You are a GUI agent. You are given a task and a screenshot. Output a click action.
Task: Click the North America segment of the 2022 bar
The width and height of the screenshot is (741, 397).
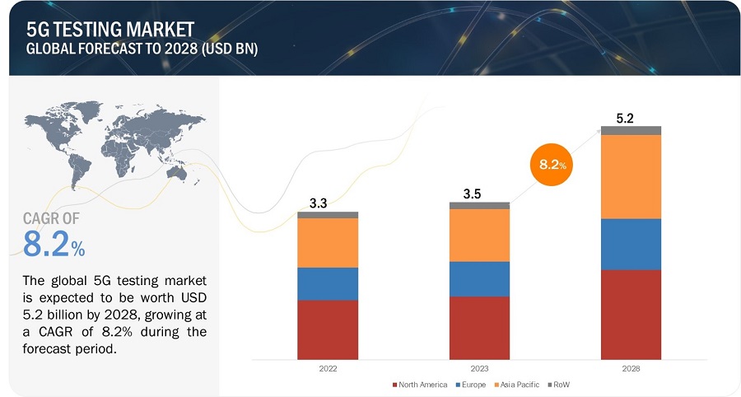point(328,329)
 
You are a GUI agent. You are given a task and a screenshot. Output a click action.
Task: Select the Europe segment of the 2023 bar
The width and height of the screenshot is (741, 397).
point(479,278)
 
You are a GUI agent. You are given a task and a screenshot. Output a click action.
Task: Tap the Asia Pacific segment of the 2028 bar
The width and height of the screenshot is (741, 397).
point(631,176)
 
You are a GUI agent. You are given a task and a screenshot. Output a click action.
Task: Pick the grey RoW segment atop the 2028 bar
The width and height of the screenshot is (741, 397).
point(631,130)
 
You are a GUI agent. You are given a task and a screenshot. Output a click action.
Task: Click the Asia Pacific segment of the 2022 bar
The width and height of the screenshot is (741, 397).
point(328,242)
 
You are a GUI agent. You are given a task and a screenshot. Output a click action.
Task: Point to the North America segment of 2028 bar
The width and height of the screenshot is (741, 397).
point(631,315)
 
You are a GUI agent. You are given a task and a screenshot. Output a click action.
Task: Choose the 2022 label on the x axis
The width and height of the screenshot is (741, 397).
point(328,368)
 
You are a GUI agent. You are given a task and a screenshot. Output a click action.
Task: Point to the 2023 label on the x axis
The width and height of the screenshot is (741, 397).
point(479,368)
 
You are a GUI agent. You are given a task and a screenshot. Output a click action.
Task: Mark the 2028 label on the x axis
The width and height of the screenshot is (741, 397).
point(631,368)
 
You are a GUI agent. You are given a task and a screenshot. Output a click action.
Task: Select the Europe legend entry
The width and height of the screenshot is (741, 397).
point(471,385)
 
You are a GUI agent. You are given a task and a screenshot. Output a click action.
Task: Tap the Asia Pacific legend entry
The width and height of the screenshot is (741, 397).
point(519,385)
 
